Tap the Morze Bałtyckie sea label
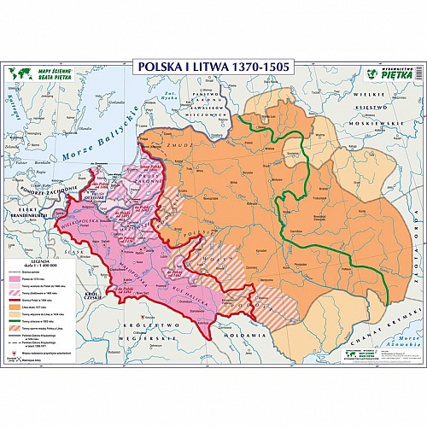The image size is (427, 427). click(97, 142)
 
